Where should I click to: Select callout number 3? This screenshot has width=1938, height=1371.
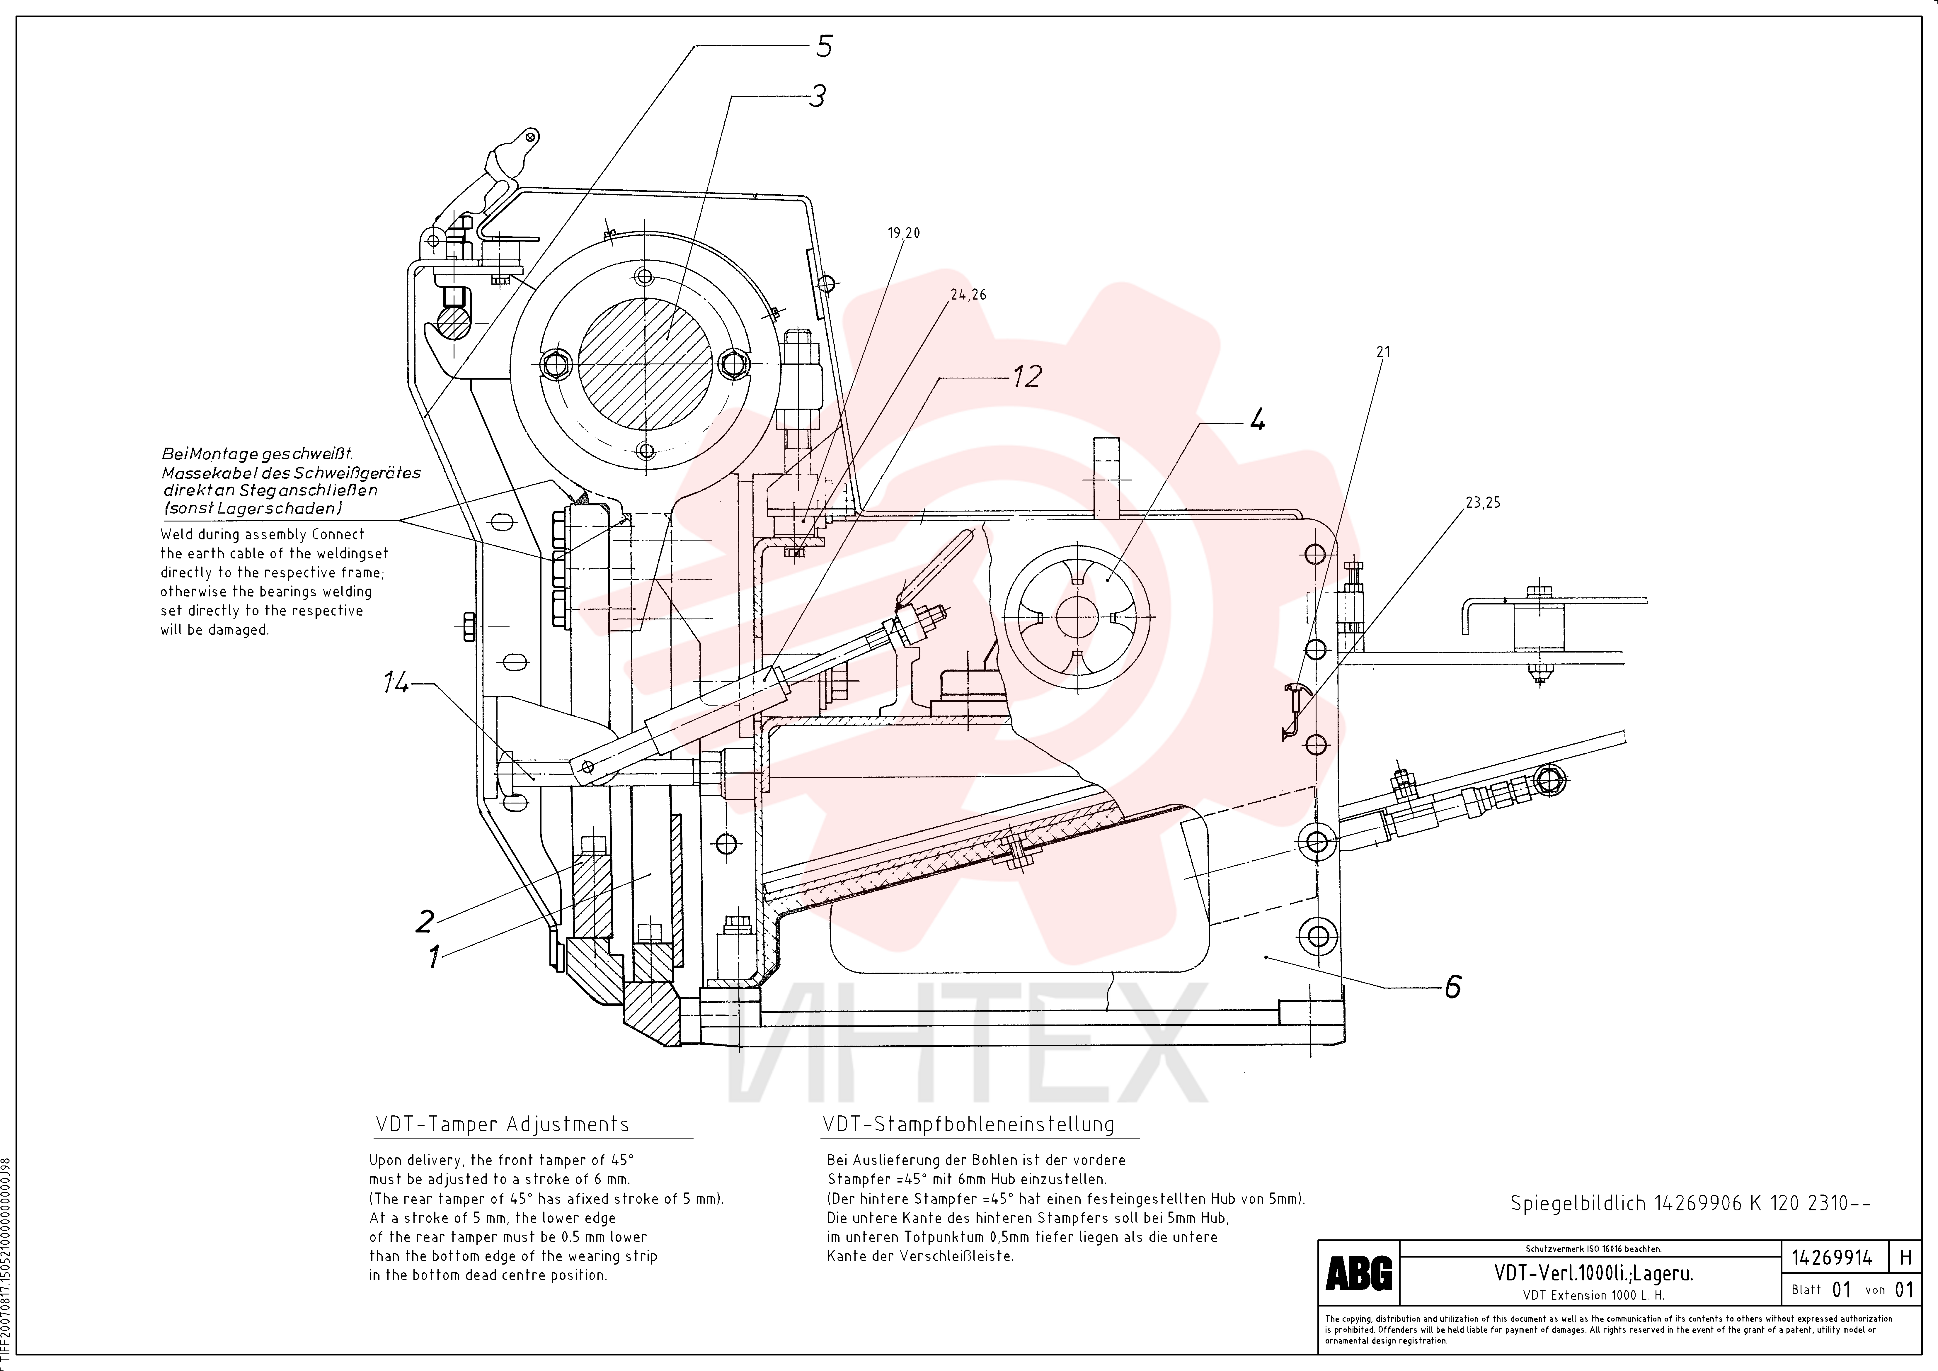point(817,96)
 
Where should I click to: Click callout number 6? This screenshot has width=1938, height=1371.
point(1453,986)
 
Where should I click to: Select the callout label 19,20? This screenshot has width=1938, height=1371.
point(904,233)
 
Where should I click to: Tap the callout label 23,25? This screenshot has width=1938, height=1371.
point(1483,502)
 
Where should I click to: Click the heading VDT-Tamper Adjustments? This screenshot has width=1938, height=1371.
point(502,1124)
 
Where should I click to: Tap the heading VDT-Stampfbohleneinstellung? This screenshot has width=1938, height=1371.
point(968,1124)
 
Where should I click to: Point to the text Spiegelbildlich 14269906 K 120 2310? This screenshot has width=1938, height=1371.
point(1690,1203)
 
